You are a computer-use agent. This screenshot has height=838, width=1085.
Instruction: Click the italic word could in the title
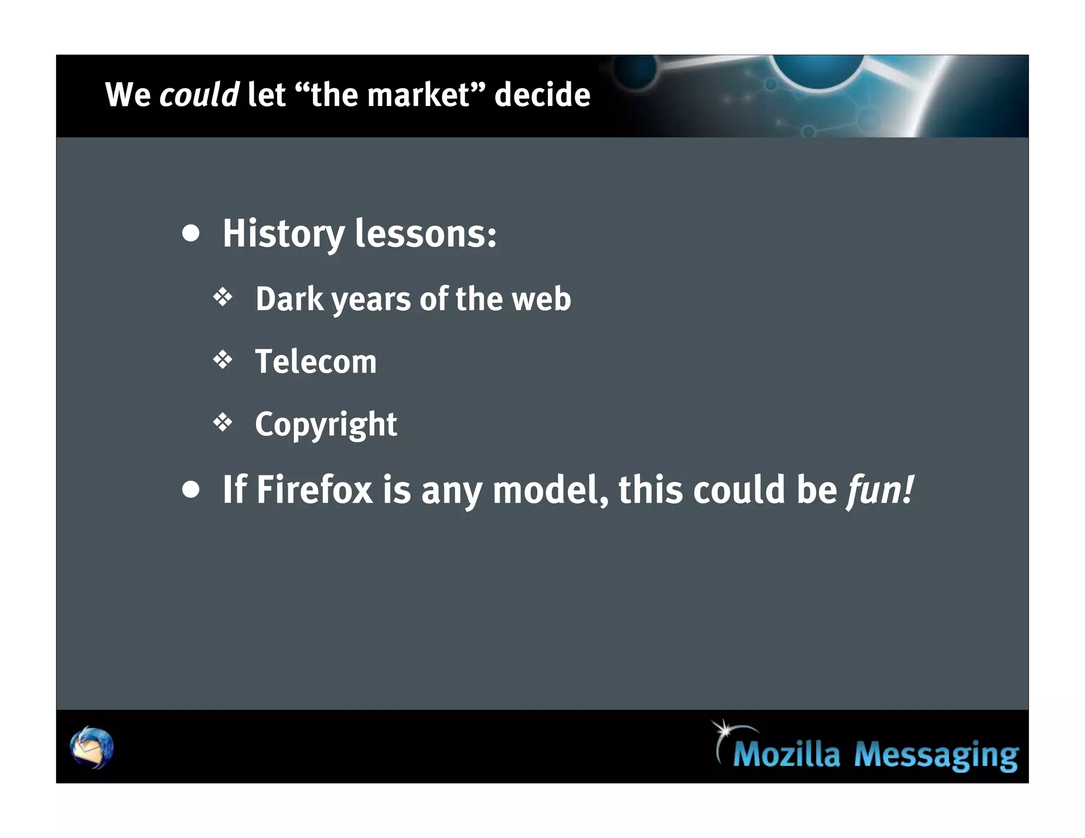click(199, 95)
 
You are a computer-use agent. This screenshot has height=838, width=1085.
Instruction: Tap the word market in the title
click(418, 95)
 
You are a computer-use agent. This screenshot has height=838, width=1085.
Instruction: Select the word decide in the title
click(542, 95)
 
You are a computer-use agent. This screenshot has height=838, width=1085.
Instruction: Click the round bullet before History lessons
click(191, 234)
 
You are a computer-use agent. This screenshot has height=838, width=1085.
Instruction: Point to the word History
click(283, 234)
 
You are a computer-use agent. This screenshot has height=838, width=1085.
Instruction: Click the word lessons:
click(425, 234)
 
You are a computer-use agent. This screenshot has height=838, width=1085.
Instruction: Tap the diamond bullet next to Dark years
click(223, 297)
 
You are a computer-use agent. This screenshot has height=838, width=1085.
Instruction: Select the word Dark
click(289, 299)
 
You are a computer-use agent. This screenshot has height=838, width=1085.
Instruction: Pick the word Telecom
click(316, 362)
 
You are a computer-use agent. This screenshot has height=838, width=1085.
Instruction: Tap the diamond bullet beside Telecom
click(223, 360)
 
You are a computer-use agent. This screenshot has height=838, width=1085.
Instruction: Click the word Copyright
click(326, 425)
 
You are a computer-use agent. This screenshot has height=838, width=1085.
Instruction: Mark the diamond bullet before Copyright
click(223, 423)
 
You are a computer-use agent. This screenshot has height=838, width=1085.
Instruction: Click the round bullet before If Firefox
click(191, 489)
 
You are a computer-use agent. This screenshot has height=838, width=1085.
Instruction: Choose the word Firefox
click(315, 489)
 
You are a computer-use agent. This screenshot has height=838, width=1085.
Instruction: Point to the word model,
click(550, 489)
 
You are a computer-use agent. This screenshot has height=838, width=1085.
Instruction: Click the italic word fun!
click(880, 489)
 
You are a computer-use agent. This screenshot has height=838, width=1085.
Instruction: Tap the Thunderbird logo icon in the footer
click(92, 747)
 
